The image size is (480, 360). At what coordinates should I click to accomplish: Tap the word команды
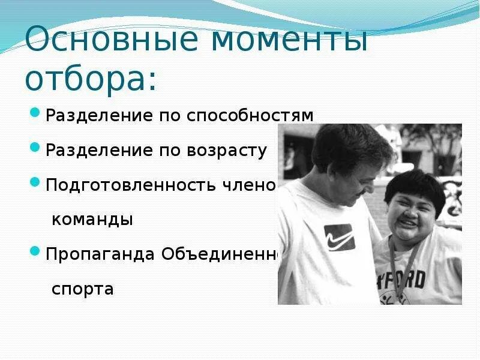point(92,219)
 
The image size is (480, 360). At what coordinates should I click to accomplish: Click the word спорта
point(82,289)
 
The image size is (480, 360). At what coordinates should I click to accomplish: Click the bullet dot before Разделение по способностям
point(35,113)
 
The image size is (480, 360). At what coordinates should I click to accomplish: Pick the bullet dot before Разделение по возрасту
point(35,148)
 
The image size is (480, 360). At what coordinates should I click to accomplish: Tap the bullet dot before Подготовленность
point(35,182)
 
